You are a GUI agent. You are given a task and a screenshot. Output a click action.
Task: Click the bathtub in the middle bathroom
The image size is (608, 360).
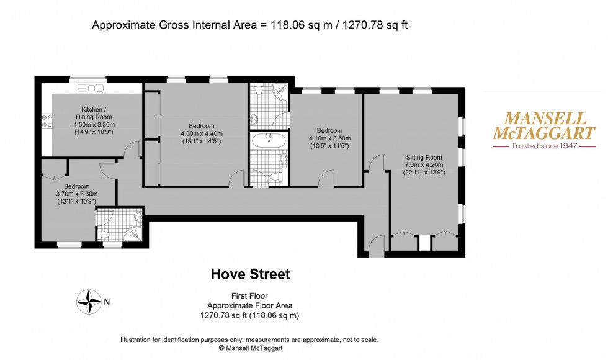269,140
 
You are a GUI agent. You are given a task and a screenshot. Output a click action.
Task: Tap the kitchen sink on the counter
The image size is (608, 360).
97,89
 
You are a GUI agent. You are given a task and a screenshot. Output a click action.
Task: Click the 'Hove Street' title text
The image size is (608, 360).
250,274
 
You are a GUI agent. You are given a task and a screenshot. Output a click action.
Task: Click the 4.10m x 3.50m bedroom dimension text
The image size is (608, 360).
329,138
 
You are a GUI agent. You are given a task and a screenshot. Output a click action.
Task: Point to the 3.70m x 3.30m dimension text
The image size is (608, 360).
76,194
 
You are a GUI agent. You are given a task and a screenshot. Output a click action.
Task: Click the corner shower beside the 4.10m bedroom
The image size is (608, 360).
280,92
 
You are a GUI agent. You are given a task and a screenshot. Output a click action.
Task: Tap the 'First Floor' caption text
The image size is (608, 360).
250,296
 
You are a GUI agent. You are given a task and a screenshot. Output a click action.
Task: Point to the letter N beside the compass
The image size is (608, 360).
107,302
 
